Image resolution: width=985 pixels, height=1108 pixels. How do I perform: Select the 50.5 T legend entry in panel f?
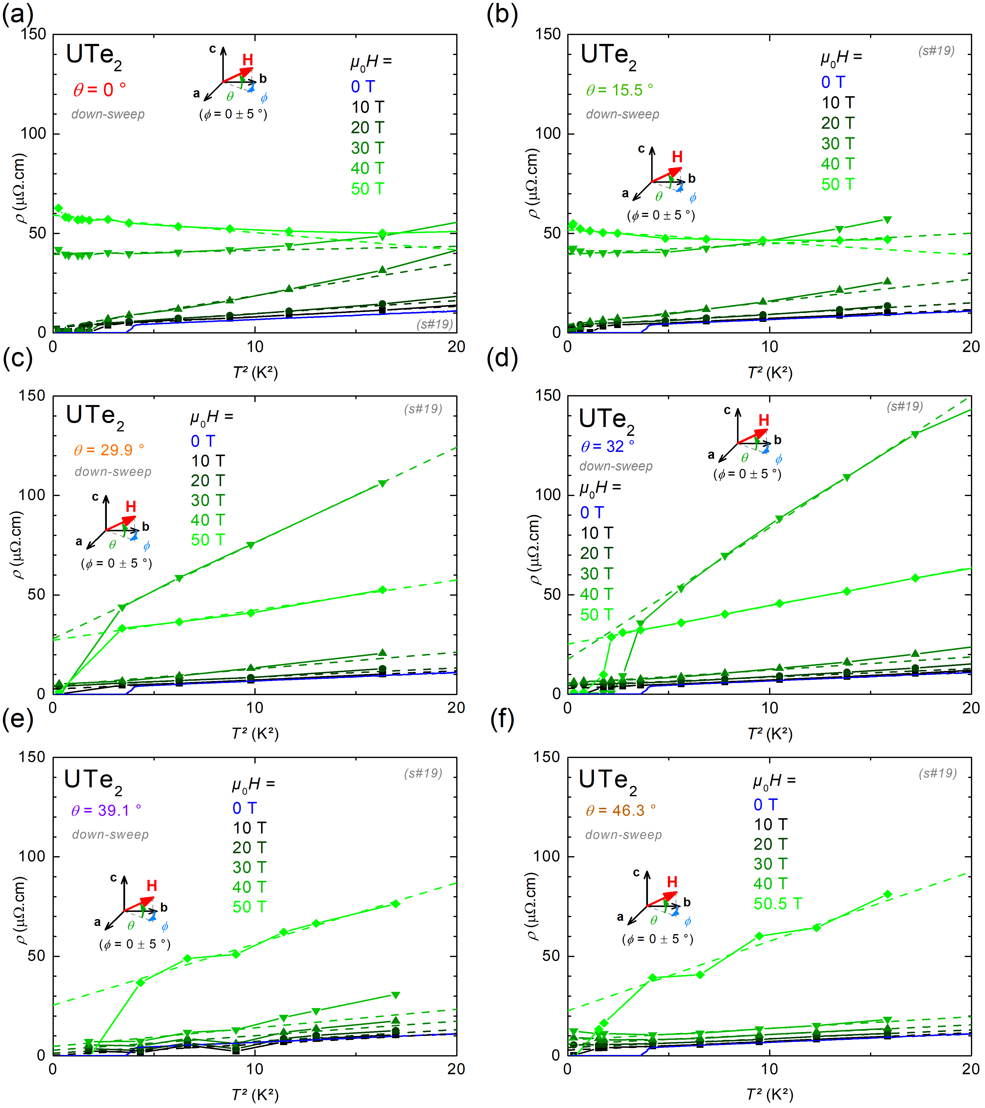coord(777,904)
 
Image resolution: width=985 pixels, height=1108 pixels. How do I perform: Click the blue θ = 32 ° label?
coord(607,447)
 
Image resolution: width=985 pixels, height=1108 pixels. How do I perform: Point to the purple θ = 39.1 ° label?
coord(106,810)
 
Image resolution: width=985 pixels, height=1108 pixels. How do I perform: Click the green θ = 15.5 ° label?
coord(619,90)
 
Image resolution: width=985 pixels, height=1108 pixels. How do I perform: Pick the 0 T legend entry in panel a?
coord(362,87)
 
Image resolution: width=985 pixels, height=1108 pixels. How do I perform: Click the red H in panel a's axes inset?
coord(248,60)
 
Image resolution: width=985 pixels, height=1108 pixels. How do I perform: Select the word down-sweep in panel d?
coord(616,466)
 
